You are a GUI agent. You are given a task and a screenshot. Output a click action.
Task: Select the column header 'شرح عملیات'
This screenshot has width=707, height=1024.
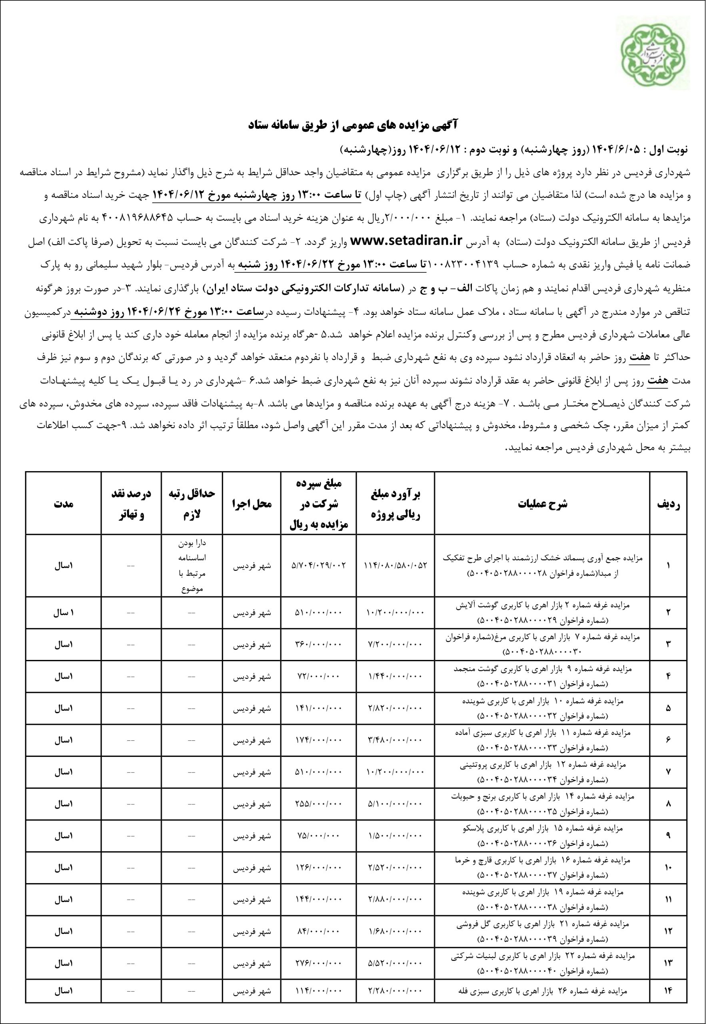pos(542,503)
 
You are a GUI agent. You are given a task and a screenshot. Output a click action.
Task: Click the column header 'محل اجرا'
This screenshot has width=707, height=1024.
pos(252,503)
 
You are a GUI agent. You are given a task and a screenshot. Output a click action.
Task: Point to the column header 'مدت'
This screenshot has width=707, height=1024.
pos(63,503)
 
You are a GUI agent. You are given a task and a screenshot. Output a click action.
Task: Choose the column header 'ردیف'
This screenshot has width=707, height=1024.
pos(668,503)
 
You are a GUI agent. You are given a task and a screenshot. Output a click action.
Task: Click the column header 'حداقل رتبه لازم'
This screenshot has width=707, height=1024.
pos(192,503)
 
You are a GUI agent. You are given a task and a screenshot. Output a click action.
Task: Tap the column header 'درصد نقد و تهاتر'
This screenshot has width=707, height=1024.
pos(131,503)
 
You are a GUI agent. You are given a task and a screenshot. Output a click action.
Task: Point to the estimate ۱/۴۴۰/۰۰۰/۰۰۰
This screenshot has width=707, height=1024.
pos(396,677)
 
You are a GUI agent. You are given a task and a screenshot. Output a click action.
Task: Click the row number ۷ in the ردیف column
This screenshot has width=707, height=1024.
pos(668,772)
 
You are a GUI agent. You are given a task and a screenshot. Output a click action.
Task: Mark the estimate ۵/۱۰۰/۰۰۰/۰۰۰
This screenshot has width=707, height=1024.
pos(396,804)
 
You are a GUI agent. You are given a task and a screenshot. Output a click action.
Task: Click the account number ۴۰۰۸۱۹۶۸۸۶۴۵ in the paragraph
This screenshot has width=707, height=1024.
pos(140,219)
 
